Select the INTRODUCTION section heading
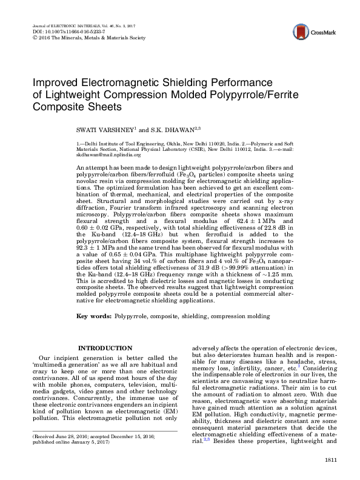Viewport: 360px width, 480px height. tap(106, 348)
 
